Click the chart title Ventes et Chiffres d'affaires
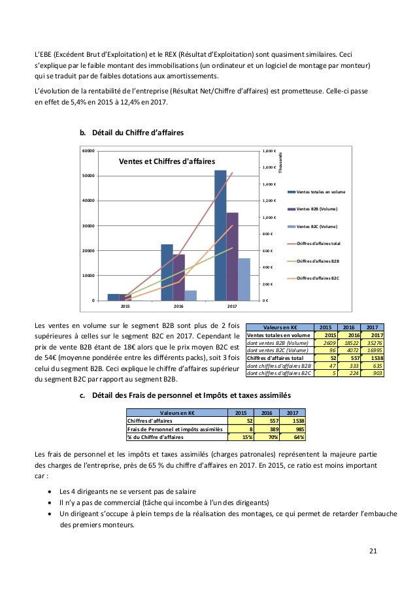click(x=166, y=161)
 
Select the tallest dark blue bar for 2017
click(x=220, y=235)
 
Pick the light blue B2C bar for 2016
click(x=191, y=295)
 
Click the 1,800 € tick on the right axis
click(x=269, y=151)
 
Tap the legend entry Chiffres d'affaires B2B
click(x=319, y=261)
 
